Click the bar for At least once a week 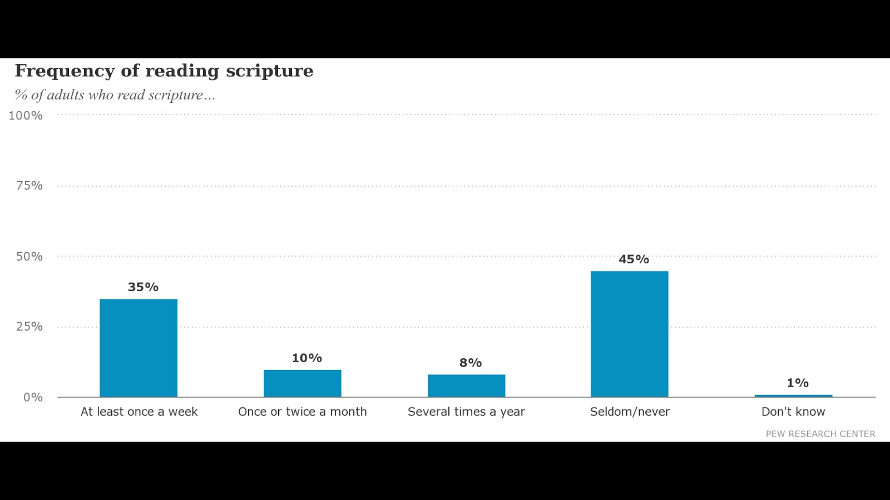pyautogui.click(x=139, y=348)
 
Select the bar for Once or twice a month pyautogui.click(x=302, y=383)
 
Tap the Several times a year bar pyautogui.click(x=466, y=386)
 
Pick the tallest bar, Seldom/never pyautogui.click(x=629, y=334)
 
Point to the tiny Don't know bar pyautogui.click(x=793, y=396)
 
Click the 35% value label pyautogui.click(x=143, y=287)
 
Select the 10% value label pyautogui.click(x=306, y=358)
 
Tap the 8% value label pyautogui.click(x=470, y=363)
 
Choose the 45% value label pyautogui.click(x=634, y=259)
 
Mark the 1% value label pyautogui.click(x=797, y=383)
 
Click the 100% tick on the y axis pyautogui.click(x=26, y=116)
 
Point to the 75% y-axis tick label pyautogui.click(x=29, y=186)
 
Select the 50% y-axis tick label pyautogui.click(x=29, y=256)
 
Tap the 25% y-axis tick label pyautogui.click(x=29, y=327)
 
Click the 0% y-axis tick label pyautogui.click(x=33, y=397)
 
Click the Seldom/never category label pyautogui.click(x=630, y=412)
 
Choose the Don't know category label pyautogui.click(x=793, y=412)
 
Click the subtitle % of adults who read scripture pyautogui.click(x=115, y=95)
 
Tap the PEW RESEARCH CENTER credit pyautogui.click(x=820, y=434)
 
